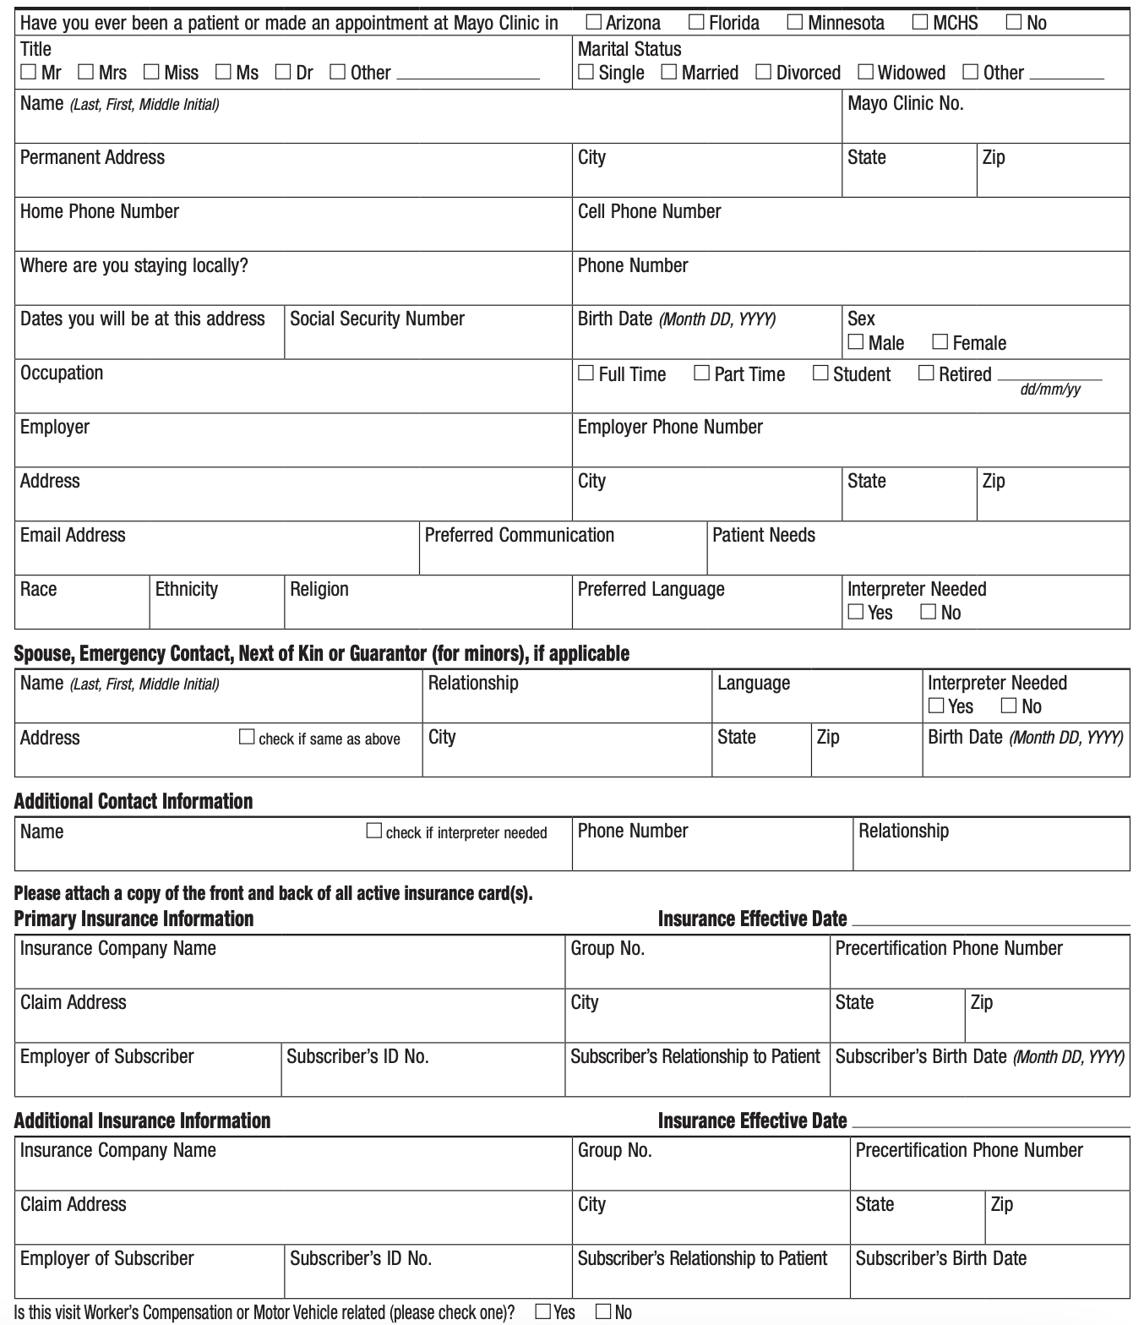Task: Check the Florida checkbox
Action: pos(697,22)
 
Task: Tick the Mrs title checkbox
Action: pos(86,72)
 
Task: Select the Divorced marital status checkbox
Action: pos(764,72)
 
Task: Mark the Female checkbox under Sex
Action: pos(940,341)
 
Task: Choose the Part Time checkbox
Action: pos(702,373)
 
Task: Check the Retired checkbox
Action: pos(927,373)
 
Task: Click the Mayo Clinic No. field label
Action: pos(905,104)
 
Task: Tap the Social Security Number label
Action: pos(377,319)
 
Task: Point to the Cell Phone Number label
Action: pos(649,211)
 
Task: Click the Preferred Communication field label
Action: pos(519,535)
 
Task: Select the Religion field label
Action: pos(319,589)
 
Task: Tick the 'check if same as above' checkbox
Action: pos(247,737)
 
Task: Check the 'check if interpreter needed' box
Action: pos(374,831)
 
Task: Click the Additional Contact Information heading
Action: pos(133,801)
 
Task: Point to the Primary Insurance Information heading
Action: pos(133,919)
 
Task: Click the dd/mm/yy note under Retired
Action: pos(1050,390)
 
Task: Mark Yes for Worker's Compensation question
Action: pos(544,1311)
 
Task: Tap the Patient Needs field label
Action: pos(764,535)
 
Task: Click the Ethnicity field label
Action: pos(186,589)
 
